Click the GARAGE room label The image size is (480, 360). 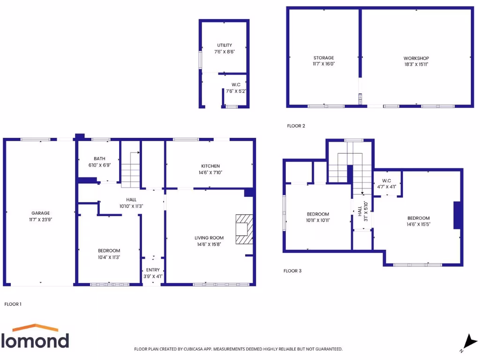tap(40, 213)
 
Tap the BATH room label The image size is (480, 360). tap(99, 158)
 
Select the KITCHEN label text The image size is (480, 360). tap(210, 166)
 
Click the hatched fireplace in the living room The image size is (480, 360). tap(244, 229)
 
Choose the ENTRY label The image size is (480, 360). tap(153, 270)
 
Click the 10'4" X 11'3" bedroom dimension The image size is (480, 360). tap(109, 257)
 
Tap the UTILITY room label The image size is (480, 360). tap(224, 45)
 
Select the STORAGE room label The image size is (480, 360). tap(323, 58)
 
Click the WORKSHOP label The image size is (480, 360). tap(416, 58)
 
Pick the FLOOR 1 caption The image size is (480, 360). tap(13, 304)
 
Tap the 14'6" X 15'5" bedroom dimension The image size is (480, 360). tap(418, 224)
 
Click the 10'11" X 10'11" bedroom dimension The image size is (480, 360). tap(318, 220)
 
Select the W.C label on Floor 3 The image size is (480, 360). tap(387, 180)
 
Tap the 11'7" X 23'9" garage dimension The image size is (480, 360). tap(40, 219)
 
